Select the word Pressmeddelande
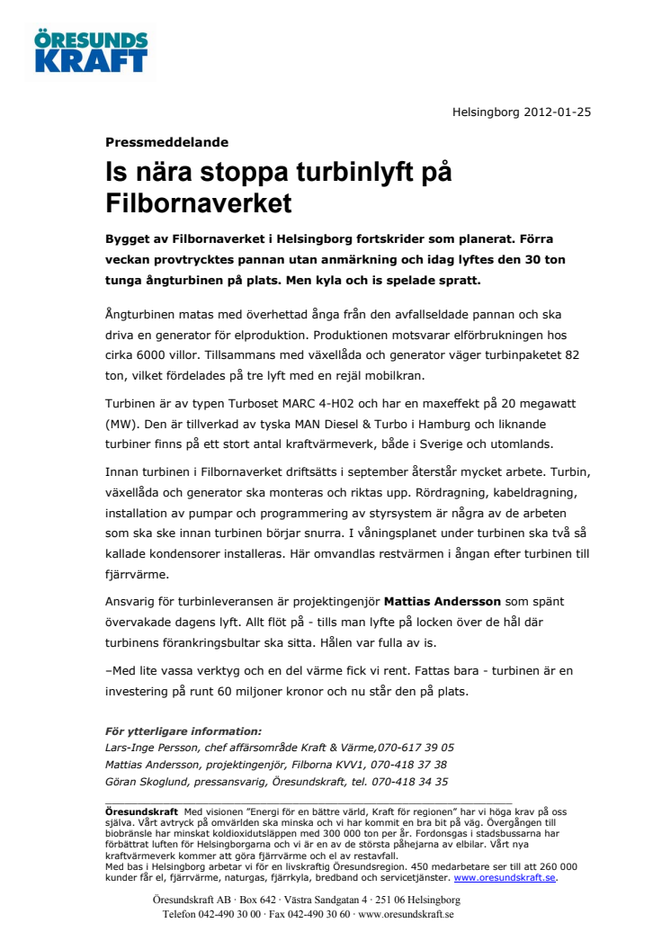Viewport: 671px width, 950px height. [166, 141]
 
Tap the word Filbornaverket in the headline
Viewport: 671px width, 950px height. [199, 202]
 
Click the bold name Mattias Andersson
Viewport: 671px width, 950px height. [442, 600]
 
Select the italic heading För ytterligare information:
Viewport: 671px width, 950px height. [183, 730]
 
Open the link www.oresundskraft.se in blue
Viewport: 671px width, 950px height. [505, 877]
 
